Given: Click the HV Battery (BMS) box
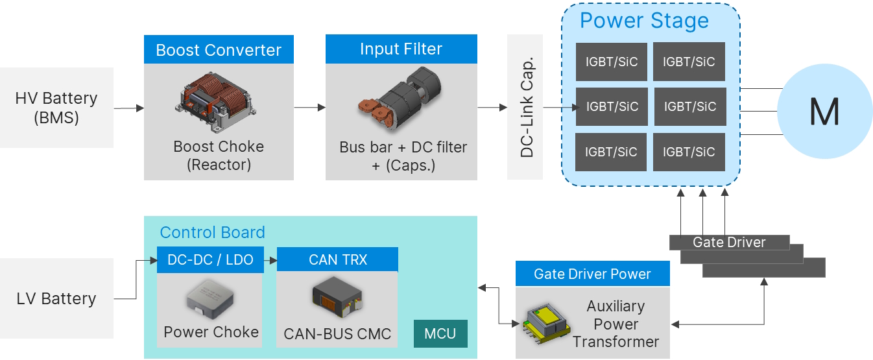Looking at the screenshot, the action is click(x=56, y=108).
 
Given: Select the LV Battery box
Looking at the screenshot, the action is click(x=56, y=298).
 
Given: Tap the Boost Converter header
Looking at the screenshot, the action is click(x=219, y=49).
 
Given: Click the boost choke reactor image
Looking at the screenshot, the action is click(x=216, y=102).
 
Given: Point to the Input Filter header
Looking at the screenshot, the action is click(x=401, y=49).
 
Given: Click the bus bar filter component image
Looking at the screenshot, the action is click(x=400, y=98).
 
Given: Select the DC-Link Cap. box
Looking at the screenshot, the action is click(x=525, y=107).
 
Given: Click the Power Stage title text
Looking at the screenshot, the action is click(x=644, y=20).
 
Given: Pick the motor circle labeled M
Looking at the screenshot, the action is click(x=824, y=112).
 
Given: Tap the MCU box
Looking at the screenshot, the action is click(x=440, y=333).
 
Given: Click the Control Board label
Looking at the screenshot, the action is click(x=212, y=232).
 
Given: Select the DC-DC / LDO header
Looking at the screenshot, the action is click(x=210, y=259).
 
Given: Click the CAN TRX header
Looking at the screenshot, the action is click(x=337, y=259).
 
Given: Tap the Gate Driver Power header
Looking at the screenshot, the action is click(x=592, y=274).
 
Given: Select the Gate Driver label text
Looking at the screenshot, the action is click(x=729, y=243).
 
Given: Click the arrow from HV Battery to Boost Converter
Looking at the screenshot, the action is click(x=129, y=108).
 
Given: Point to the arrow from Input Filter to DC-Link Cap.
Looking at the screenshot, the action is click(x=492, y=107).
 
